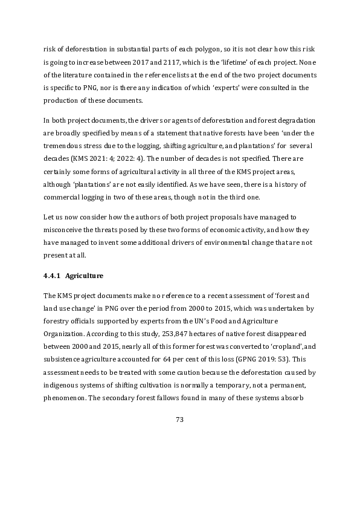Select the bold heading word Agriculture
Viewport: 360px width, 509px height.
[x=85, y=276]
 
